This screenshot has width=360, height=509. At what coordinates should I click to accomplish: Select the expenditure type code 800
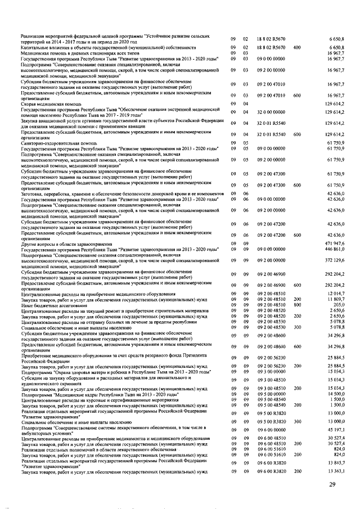pos(297,304)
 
